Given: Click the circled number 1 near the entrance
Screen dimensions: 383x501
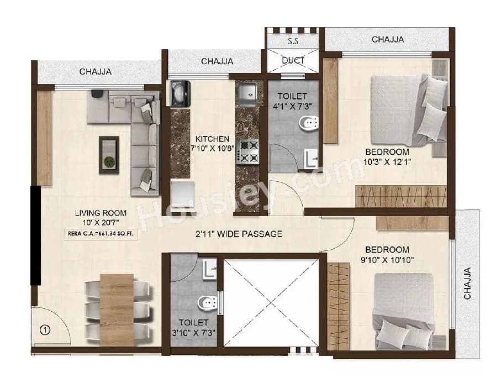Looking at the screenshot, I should [x=45, y=330].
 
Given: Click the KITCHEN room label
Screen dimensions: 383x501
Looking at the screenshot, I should [x=213, y=139].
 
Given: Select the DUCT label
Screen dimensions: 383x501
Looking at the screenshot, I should [x=293, y=60].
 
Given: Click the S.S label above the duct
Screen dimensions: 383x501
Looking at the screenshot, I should [x=293, y=41].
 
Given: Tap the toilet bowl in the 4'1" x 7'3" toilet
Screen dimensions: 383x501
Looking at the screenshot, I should [x=305, y=123].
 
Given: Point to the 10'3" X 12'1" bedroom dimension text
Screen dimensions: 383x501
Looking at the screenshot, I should [x=386, y=162].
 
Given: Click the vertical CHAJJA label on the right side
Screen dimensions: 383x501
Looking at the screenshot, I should [x=467, y=283].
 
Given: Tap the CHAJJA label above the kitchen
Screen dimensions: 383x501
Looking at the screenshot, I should [x=217, y=61].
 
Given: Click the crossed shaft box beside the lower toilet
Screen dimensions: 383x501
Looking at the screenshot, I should [x=271, y=302].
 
